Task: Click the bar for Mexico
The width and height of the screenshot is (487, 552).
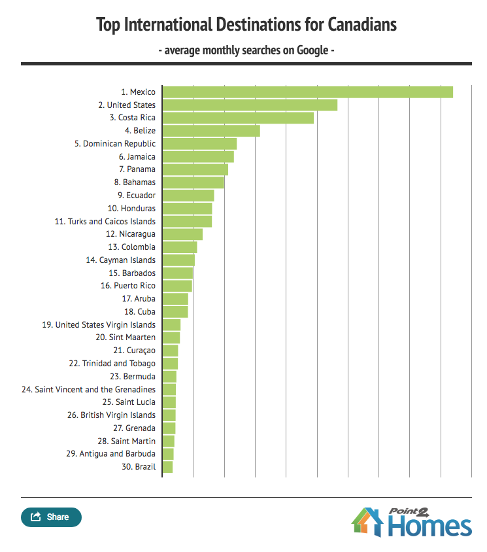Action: [x=307, y=92]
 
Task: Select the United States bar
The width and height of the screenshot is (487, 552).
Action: [x=250, y=105]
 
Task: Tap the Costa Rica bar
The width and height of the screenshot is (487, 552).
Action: [x=238, y=118]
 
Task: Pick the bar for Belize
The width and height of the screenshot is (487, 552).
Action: [x=211, y=131]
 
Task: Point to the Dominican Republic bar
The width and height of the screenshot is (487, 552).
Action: [x=199, y=144]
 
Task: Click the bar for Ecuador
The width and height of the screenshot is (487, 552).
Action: [x=188, y=196]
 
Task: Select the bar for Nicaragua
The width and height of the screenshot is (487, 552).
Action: [x=182, y=234]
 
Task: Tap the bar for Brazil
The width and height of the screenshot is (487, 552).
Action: [x=167, y=467]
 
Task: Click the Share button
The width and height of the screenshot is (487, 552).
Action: [x=51, y=517]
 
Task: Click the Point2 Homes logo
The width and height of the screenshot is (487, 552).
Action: [x=411, y=521]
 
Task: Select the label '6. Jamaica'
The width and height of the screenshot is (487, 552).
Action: [x=137, y=157]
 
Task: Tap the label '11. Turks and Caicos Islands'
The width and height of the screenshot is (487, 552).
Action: [x=105, y=222]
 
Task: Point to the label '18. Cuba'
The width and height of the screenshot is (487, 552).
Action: [x=140, y=312]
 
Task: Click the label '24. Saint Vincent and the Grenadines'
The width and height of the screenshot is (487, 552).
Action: [x=88, y=389]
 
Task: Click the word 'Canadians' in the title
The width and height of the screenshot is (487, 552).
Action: [x=359, y=25]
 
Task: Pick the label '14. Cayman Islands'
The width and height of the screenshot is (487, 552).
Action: [x=121, y=260]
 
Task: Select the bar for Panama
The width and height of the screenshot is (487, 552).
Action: [x=195, y=170]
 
